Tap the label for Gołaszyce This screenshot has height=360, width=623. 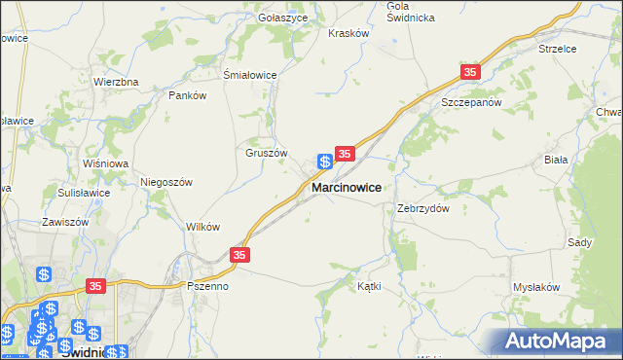pos(282,18)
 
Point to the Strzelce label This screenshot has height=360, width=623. pos(557,48)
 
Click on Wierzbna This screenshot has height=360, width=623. pos(116,82)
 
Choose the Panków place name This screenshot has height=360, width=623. pos(188,95)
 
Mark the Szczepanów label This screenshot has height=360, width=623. pos(470,102)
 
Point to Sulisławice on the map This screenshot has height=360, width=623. pos(83,193)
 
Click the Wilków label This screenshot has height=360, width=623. pos(202,227)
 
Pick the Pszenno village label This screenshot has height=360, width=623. pos(207,287)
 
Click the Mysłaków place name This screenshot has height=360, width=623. pos(536,287)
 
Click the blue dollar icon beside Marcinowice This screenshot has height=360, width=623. pos(325,162)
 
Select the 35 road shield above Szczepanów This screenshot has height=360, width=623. pos(471,73)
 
